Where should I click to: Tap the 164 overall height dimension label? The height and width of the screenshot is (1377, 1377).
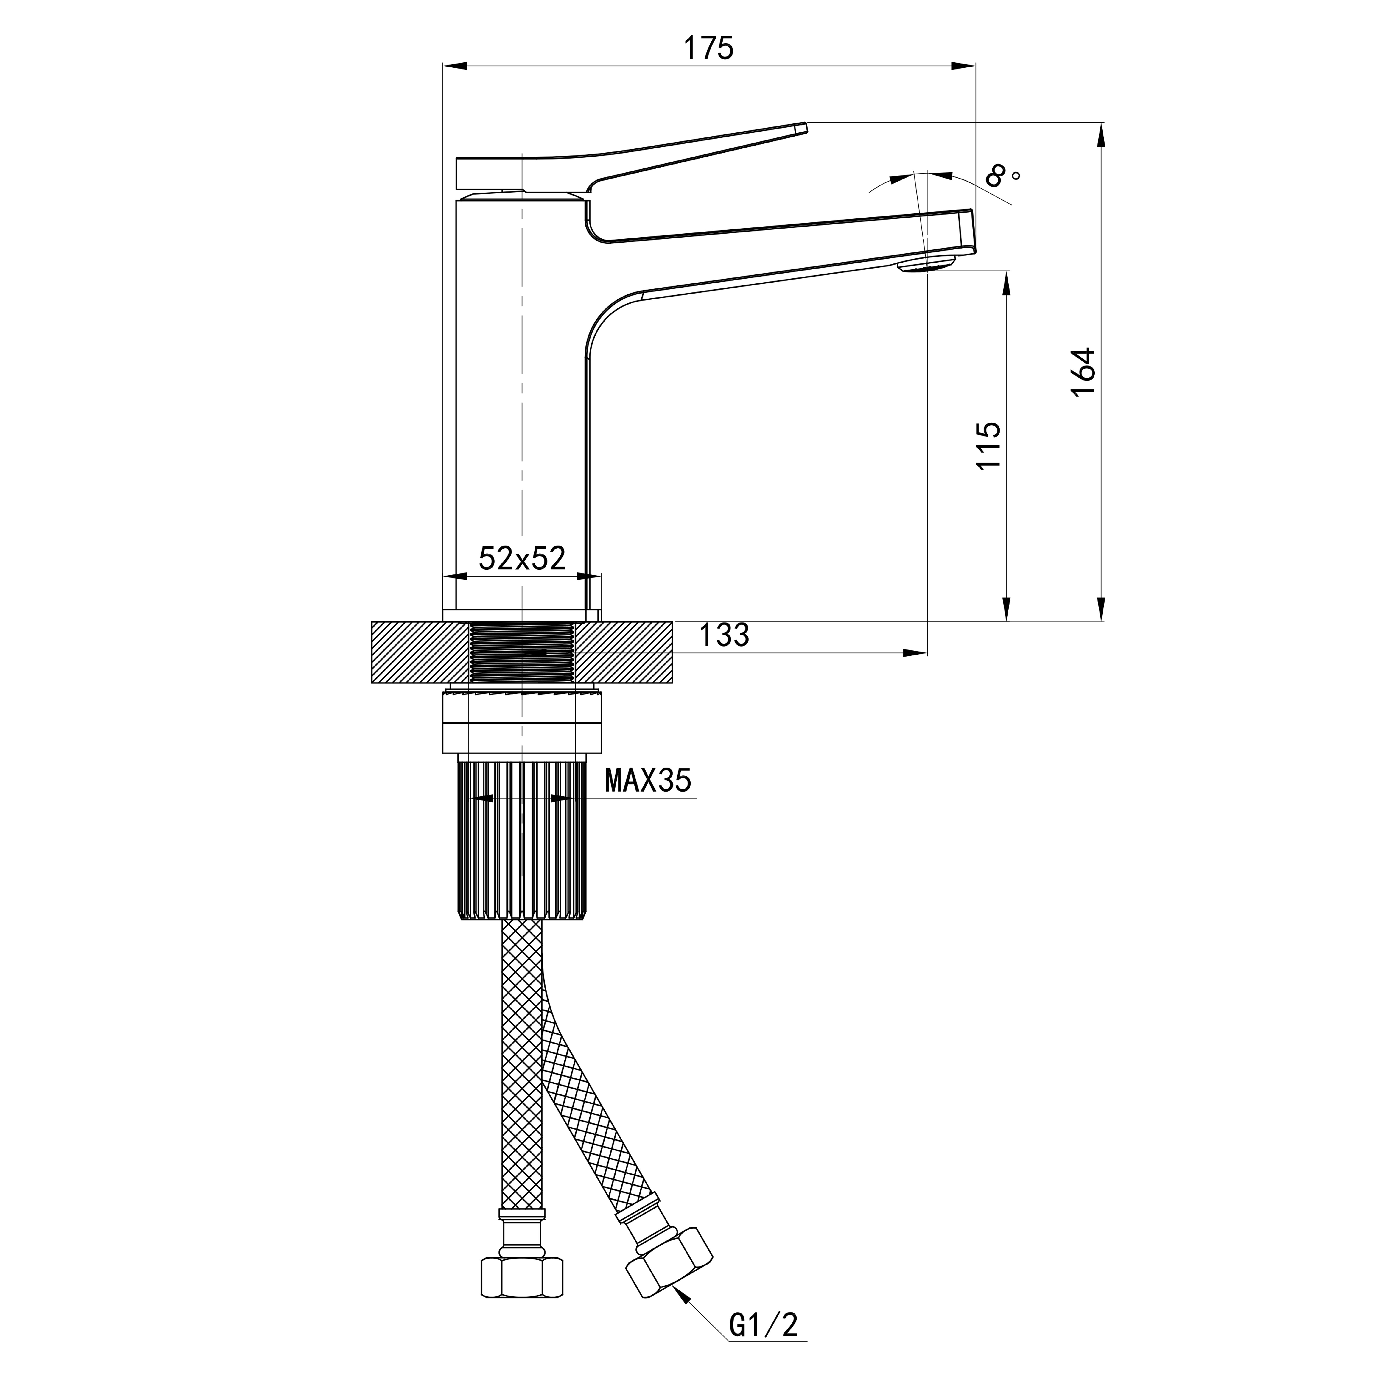pyautogui.click(x=1083, y=372)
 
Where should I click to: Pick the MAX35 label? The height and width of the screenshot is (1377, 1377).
pyautogui.click(x=648, y=781)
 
